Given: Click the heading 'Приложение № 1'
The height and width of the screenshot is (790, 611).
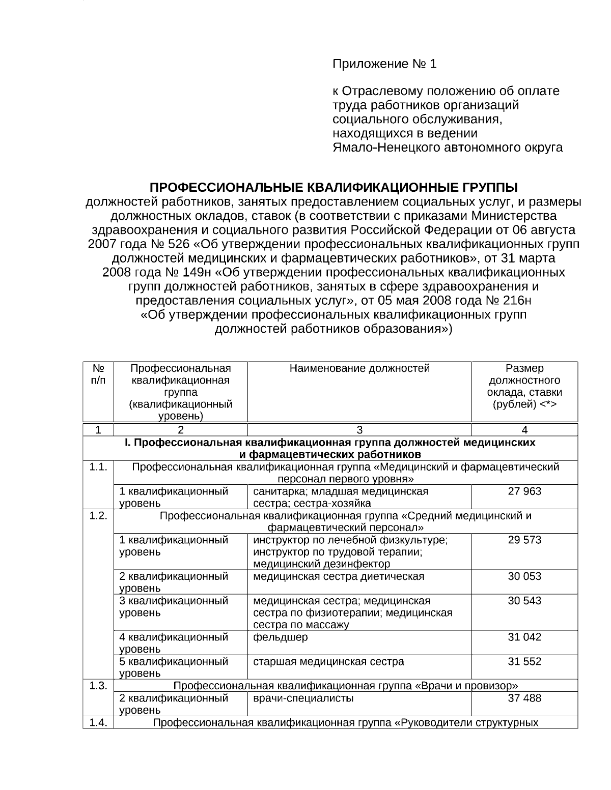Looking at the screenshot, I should point(384,64).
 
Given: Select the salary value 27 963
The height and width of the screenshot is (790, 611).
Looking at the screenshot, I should point(524,491).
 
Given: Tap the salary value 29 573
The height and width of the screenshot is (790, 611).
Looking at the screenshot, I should point(524,540).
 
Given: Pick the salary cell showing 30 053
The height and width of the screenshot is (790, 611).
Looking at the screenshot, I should point(524,576).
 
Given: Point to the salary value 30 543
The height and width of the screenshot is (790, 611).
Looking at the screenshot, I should point(524,601).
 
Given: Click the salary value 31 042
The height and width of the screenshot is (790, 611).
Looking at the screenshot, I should point(524,637).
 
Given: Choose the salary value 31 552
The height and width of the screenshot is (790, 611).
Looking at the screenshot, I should point(524,661).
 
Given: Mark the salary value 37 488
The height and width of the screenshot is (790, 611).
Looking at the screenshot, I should point(524,698).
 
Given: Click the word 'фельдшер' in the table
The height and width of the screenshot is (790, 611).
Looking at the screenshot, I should point(280,637).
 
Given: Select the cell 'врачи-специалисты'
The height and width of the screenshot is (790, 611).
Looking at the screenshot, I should point(303,698).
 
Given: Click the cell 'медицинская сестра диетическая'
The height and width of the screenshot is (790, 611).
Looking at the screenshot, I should point(339,576).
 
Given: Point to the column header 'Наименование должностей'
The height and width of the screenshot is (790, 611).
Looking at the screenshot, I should point(359,368).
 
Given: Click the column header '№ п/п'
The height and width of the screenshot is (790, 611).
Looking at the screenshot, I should point(98,374).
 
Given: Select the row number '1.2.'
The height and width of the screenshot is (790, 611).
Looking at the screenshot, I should point(98,516).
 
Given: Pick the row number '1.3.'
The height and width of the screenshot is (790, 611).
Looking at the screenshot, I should point(98,686).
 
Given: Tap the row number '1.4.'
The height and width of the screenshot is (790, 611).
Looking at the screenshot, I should point(98,722).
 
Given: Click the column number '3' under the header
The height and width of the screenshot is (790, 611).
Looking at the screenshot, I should point(359,429).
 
